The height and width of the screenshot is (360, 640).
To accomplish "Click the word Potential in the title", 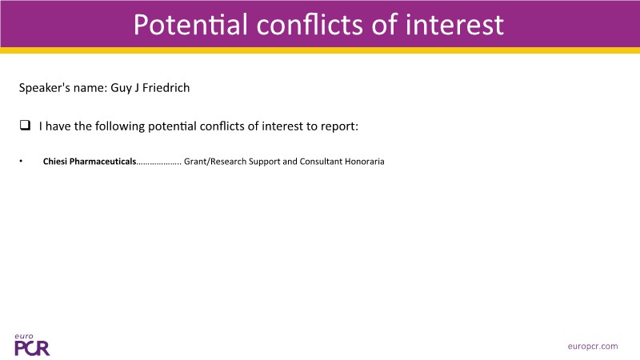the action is click(x=190, y=25).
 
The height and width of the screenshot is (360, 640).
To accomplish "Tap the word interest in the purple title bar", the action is click(x=454, y=25).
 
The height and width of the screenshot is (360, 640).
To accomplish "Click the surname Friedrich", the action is click(x=166, y=88).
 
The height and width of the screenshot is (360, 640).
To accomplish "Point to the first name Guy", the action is click(x=121, y=88).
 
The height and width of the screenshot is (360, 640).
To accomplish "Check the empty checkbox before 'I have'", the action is click(x=25, y=125).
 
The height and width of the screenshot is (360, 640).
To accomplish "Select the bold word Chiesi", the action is click(x=55, y=162).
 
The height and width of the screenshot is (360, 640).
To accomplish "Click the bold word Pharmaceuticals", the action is click(x=103, y=162).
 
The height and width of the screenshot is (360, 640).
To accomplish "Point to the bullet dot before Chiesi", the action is click(x=21, y=162).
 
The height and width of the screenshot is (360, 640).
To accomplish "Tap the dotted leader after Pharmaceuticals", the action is click(x=158, y=164).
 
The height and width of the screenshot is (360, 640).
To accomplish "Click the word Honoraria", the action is click(x=365, y=162).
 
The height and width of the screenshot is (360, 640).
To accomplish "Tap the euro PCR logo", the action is click(x=32, y=345).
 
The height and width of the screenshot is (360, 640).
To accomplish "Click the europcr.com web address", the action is click(x=593, y=346).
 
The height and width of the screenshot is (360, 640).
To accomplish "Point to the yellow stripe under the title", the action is click(x=320, y=50).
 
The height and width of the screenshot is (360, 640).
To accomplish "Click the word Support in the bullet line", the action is click(x=264, y=162).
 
